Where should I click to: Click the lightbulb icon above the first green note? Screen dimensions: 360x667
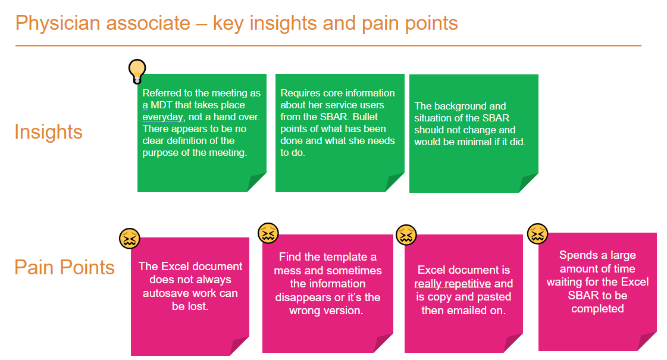tap(137, 71)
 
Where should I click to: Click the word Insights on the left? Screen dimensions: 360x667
tap(48, 132)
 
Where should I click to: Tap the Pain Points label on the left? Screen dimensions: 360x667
tap(64, 267)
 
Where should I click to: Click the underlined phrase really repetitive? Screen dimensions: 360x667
tap(452, 284)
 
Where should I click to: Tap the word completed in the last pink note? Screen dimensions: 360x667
tap(597, 309)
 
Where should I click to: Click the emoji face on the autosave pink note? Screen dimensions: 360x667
tap(130, 239)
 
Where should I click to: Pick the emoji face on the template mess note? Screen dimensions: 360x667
tap(268, 233)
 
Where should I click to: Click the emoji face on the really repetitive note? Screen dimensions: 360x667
tap(406, 234)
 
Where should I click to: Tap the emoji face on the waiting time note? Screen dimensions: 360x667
tap(538, 233)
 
